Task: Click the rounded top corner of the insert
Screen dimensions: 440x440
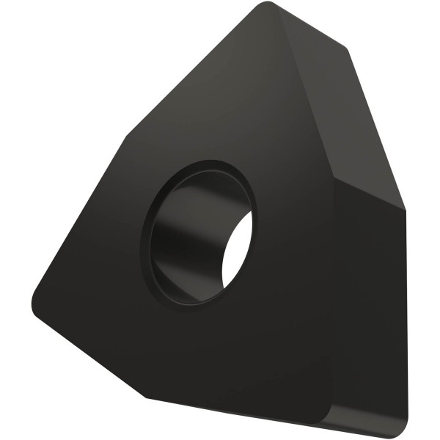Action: click(x=270, y=9)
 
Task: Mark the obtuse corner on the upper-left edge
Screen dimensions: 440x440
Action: click(x=131, y=136)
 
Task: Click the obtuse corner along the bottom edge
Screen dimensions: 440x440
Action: click(x=147, y=397)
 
